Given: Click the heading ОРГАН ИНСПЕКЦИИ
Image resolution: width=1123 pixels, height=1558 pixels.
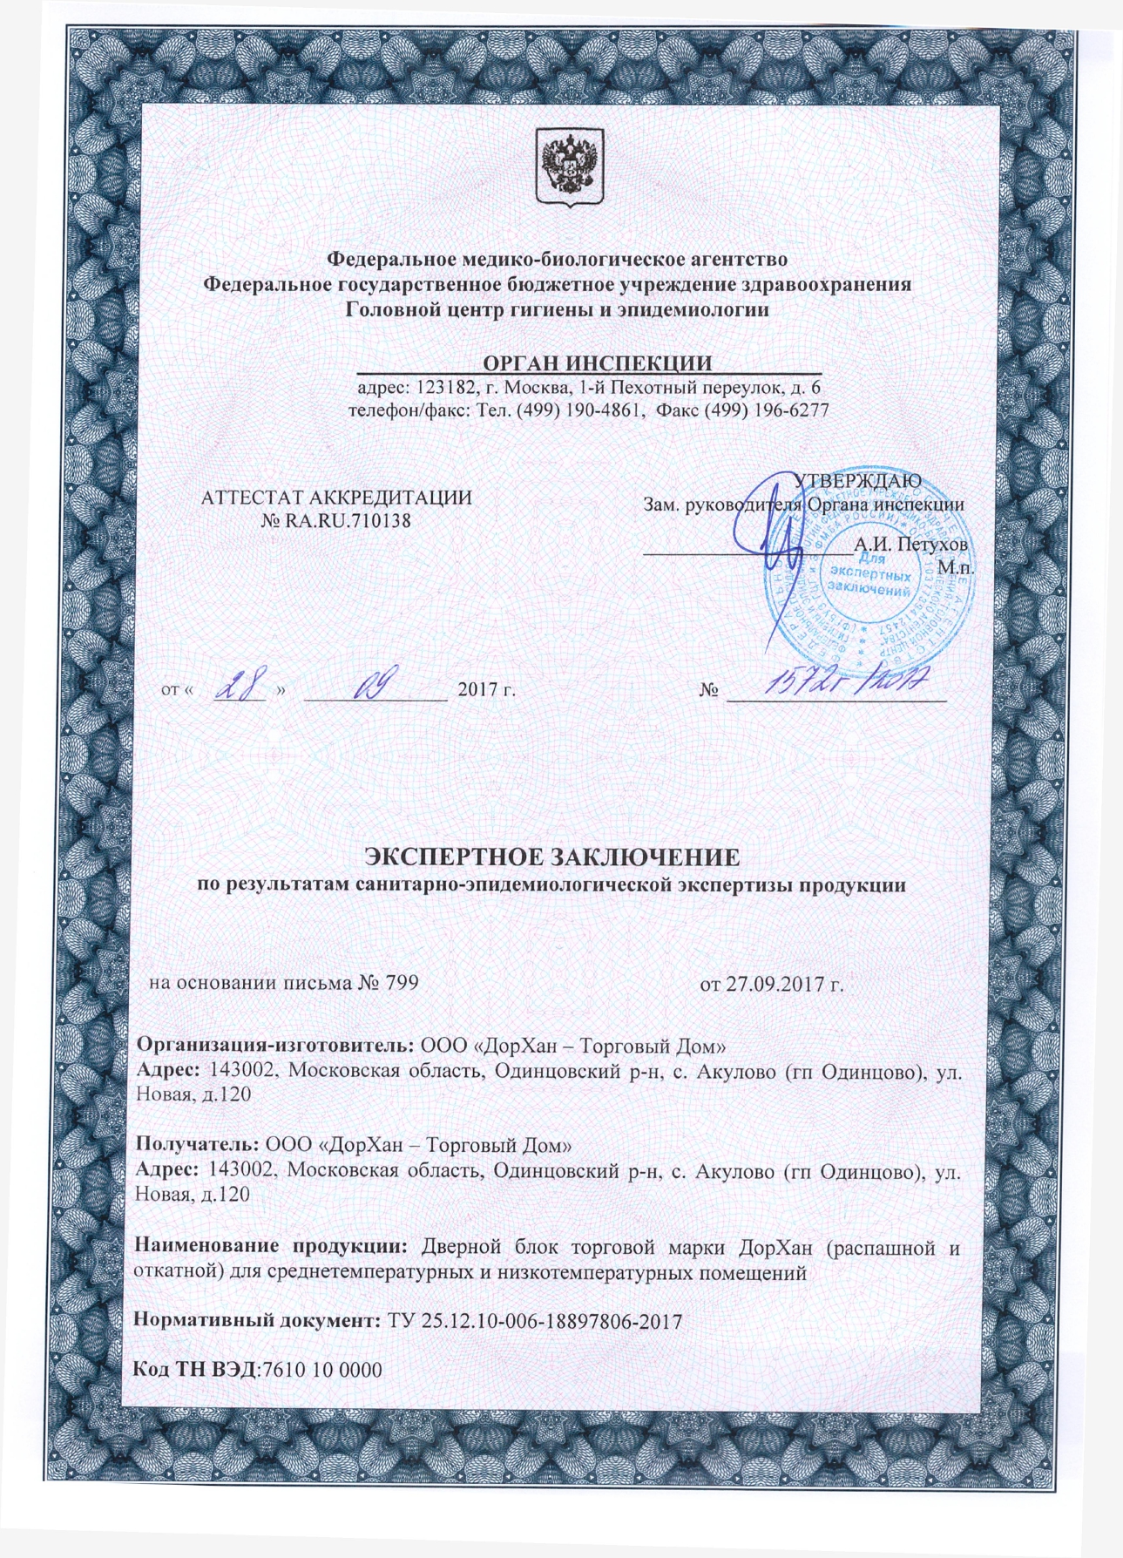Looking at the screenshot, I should [598, 362].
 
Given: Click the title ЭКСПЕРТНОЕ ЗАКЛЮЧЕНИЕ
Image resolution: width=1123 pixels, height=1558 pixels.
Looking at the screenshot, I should [551, 857].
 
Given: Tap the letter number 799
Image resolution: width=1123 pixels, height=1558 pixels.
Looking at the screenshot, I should [402, 983].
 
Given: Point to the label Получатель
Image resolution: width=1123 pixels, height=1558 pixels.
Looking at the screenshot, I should [196, 1142].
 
